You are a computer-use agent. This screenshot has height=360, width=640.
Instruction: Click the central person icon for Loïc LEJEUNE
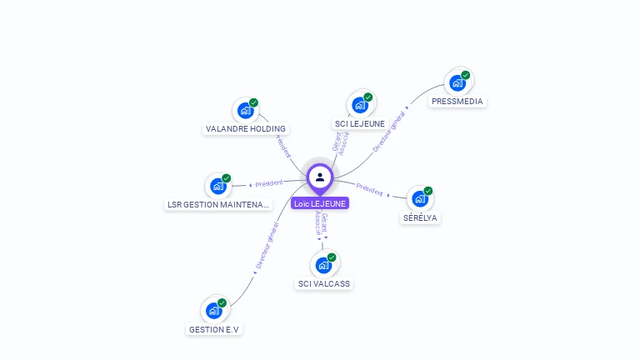320,177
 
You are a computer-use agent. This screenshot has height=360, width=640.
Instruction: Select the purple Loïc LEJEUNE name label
320,203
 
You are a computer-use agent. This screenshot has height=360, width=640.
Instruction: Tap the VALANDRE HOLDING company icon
244,110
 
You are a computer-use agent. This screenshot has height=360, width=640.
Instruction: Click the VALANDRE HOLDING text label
246,129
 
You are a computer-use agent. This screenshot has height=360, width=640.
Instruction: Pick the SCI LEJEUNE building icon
359,105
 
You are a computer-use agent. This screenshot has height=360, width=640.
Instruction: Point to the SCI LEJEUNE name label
360,124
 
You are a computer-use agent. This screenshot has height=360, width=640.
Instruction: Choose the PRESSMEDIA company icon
457,82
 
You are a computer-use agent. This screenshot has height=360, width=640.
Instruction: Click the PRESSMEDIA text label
457,102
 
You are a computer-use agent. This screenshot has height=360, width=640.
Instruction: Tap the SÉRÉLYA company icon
419,198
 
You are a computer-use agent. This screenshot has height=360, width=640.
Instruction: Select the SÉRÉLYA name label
420,218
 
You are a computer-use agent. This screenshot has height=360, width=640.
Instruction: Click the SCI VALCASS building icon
323,265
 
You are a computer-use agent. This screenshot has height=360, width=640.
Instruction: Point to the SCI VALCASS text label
324,284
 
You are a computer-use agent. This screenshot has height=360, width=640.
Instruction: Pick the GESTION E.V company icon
213,310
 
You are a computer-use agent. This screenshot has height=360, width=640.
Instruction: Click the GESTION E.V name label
214,329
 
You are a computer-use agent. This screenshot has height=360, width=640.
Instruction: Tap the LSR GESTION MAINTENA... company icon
217,186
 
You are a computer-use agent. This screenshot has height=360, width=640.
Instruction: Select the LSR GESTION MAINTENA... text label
218,205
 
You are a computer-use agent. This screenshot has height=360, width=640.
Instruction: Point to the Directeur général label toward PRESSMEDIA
389,132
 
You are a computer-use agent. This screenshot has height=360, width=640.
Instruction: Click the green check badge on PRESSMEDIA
466,75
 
